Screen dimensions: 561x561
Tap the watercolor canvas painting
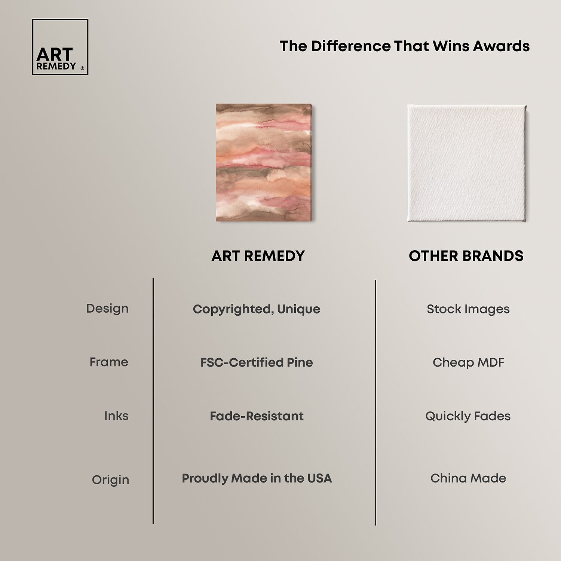[x=264, y=163]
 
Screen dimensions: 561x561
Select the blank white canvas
[x=467, y=163]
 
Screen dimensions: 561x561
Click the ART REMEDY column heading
[x=258, y=256]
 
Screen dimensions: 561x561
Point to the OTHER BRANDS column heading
[x=466, y=256]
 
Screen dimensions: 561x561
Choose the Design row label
[x=107, y=309]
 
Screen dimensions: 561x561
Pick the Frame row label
[x=109, y=362]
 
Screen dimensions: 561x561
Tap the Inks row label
[x=116, y=416]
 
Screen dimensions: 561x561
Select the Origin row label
[x=110, y=480]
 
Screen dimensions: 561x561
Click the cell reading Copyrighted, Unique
[x=257, y=309]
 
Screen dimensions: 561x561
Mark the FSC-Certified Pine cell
[x=257, y=362]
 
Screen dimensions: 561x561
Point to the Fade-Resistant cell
[x=257, y=416]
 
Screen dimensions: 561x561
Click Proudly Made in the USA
[x=257, y=478]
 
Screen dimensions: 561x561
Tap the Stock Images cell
[x=468, y=309]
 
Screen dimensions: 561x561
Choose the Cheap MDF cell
[x=468, y=362]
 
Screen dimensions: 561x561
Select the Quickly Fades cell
[x=468, y=416]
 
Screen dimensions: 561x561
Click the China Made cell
[x=468, y=478]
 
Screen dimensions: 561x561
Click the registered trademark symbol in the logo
[x=82, y=68]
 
